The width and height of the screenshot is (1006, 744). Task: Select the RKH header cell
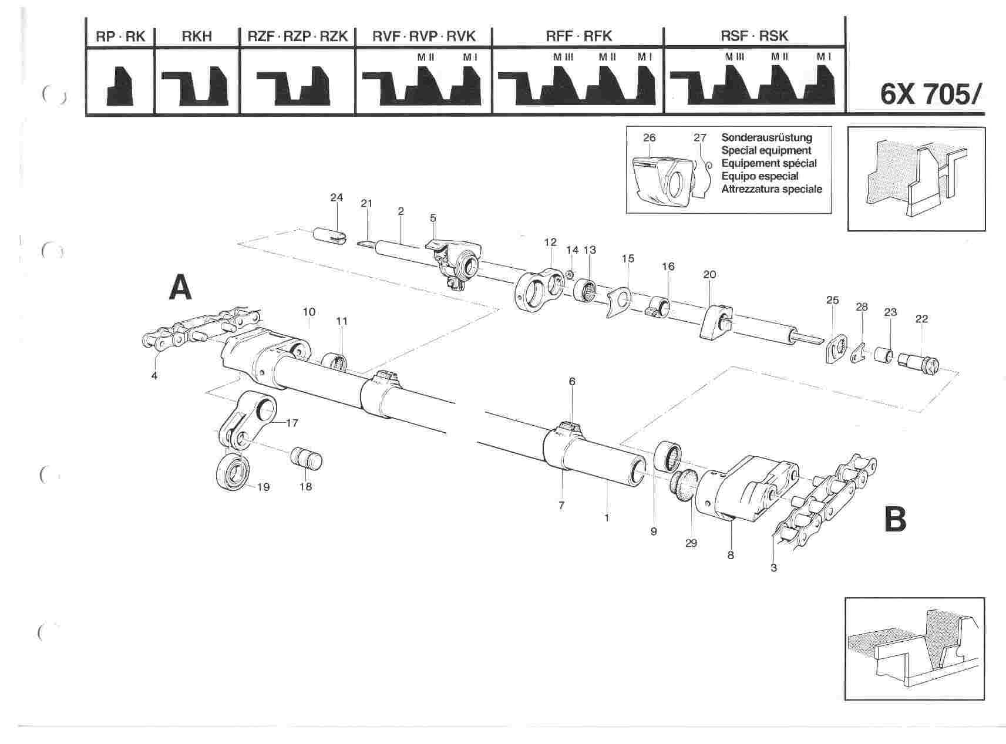click(x=197, y=36)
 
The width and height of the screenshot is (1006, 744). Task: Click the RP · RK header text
click(x=120, y=36)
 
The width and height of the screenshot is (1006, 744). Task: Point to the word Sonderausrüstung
click(x=766, y=137)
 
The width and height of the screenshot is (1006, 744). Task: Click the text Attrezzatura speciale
click(x=772, y=189)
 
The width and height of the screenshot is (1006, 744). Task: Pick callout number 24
click(x=337, y=197)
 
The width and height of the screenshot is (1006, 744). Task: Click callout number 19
click(x=263, y=487)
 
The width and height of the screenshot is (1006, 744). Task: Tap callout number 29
click(x=691, y=543)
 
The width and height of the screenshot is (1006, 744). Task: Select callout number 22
click(x=921, y=319)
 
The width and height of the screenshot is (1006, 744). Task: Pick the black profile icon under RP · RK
click(x=120, y=85)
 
